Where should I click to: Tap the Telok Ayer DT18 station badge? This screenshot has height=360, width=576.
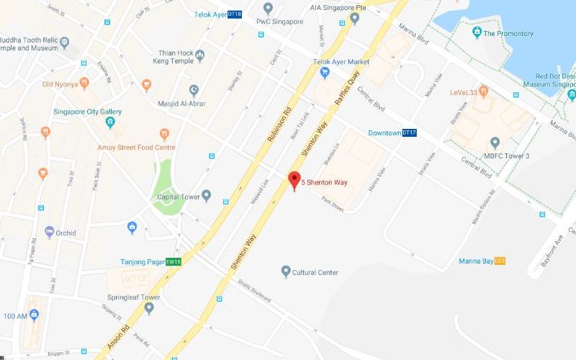(235, 14)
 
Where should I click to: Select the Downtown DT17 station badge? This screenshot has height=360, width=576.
(409, 132)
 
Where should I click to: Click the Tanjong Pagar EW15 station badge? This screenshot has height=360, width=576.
(174, 262)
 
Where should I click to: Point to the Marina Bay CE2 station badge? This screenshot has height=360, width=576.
(499, 261)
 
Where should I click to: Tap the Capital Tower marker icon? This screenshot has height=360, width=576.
(207, 195)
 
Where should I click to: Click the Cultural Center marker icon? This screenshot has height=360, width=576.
(286, 271)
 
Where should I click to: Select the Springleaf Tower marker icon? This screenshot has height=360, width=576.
(149, 308)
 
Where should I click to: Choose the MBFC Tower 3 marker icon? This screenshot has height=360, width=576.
(495, 143)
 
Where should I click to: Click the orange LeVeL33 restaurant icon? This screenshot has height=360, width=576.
(484, 91)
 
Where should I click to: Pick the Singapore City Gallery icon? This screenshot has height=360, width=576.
(110, 122)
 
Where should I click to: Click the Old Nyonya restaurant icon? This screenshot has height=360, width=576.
(84, 84)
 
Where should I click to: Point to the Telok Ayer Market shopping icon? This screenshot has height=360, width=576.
(325, 72)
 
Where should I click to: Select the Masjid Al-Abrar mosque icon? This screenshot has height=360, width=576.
(194, 90)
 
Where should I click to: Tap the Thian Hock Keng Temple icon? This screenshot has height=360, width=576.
(200, 56)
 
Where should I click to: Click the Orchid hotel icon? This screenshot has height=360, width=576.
(50, 232)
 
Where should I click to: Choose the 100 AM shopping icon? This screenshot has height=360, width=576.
(35, 315)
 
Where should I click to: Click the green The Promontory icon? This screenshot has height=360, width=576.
(476, 33)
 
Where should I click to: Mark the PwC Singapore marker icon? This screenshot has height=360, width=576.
(268, 9)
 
